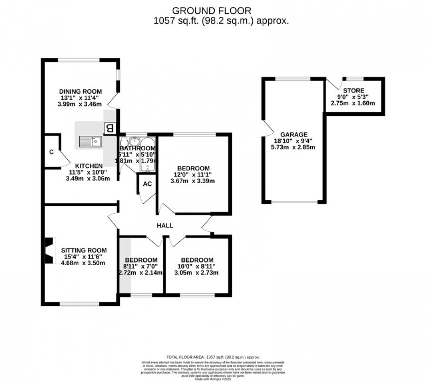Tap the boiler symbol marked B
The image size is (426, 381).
110,128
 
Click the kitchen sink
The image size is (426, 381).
90,142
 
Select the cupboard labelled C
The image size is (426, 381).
51,151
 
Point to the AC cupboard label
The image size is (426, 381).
147,184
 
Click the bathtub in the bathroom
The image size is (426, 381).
147,156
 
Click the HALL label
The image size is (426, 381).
165,225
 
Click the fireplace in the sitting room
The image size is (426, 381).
50,250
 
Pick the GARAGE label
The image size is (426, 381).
294,134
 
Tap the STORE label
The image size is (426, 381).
353,90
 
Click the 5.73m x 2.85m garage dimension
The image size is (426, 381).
294,147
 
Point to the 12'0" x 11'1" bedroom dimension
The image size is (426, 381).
193,174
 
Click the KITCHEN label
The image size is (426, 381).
89,166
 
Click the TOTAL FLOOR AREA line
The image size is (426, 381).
213,357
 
